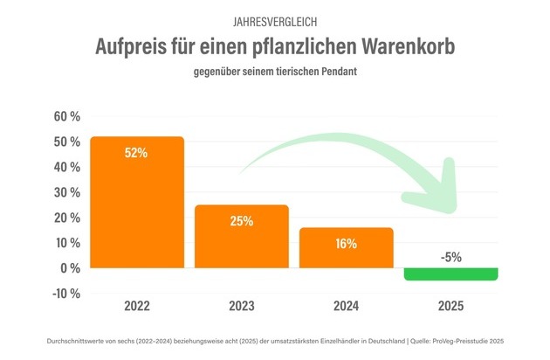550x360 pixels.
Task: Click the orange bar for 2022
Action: pos(137,201)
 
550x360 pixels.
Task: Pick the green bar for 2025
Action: pos(451,274)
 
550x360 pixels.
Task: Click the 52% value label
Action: pos(136,153)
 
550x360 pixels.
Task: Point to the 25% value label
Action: pos(242,221)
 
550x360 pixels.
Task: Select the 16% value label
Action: pos(347,244)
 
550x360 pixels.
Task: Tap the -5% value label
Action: pos(451,256)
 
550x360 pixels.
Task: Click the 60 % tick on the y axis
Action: pos(67,116)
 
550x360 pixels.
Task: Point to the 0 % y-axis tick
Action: pos(72,267)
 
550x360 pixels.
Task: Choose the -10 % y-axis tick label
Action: pos(67,293)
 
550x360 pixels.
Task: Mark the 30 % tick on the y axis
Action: pos(67,191)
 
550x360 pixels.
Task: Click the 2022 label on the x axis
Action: pos(137,307)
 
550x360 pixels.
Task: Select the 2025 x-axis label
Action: pos(451,307)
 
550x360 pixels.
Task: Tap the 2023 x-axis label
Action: pos(242,307)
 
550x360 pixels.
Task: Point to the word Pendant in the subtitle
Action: pos(335,72)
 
